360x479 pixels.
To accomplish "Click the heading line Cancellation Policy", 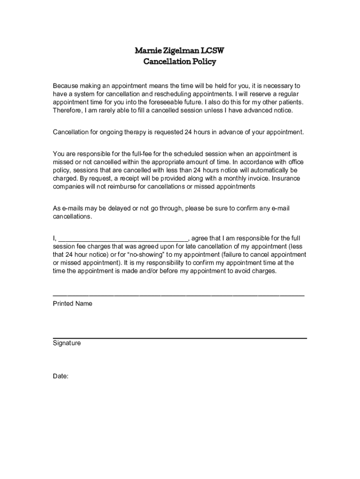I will point(180,62).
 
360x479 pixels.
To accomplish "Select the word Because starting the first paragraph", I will point(66,86).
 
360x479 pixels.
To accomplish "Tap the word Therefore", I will point(67,110).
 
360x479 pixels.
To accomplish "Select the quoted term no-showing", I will point(154,255).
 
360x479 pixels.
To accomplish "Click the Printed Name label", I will point(72,304).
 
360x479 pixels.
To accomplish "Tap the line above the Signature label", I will point(180,338).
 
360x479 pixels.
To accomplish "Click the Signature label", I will point(67,343).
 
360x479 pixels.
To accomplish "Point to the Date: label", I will point(61,376).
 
